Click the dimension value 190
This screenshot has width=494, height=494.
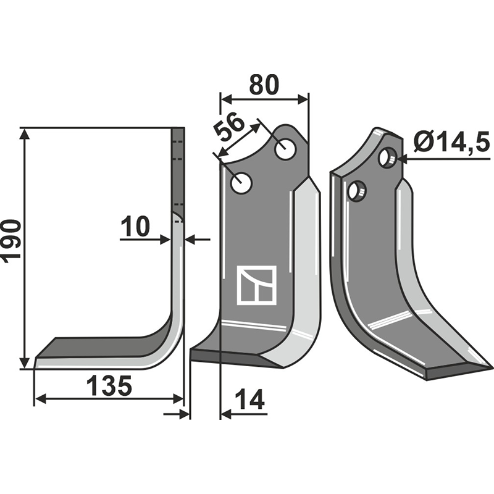11,241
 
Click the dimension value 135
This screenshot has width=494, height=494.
109,385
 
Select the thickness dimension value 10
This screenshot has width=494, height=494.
135,226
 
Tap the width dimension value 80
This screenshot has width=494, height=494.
264,85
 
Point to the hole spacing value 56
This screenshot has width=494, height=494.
229,128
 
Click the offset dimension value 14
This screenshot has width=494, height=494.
250,400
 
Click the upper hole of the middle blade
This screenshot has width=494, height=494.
285,148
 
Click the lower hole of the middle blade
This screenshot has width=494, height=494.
241,183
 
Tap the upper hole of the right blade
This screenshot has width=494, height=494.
388,157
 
